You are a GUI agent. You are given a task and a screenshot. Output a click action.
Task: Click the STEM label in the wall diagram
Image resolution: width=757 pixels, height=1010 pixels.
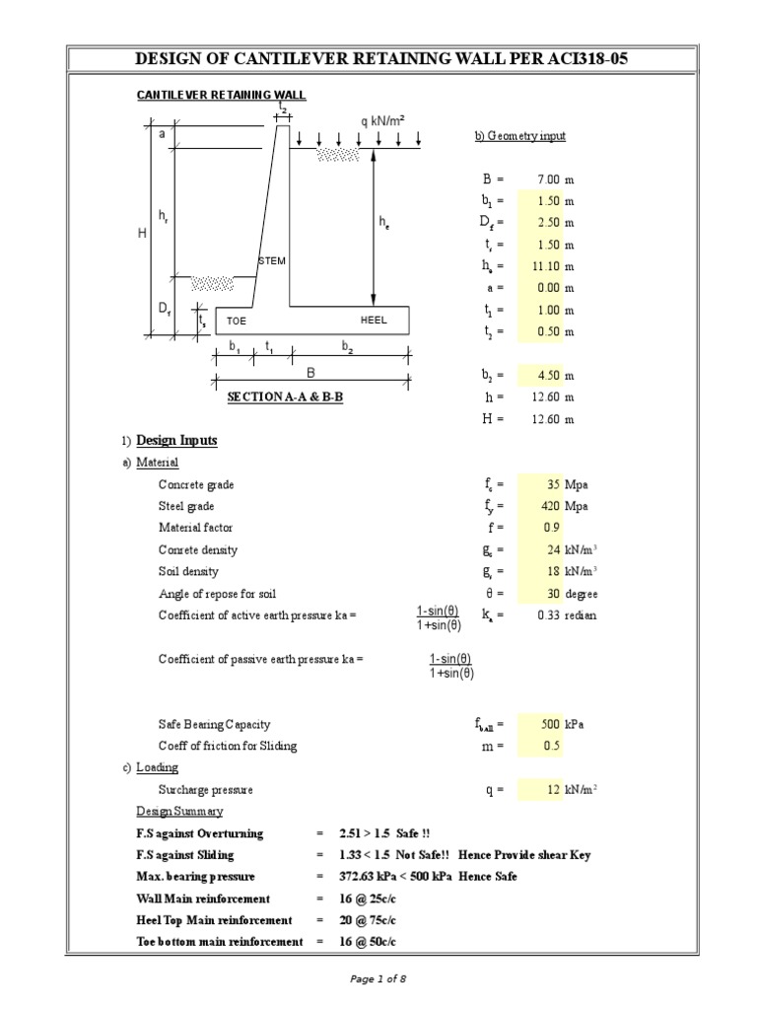coord(272,260)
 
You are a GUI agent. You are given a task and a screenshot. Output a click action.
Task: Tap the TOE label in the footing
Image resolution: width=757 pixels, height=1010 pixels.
coord(237,322)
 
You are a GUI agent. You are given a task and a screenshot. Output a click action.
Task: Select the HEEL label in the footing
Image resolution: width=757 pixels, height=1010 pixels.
coord(374,321)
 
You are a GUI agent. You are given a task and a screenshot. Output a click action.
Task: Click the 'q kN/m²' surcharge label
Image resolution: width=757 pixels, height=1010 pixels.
coord(382,120)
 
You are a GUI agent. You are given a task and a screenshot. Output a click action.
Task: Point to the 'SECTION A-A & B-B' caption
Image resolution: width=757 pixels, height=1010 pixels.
coord(285,397)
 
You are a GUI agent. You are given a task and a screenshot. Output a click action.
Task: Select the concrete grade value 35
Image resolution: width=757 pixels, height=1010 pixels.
coord(553,484)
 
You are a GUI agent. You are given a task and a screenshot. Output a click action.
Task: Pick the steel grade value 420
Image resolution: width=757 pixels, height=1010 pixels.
coord(549,506)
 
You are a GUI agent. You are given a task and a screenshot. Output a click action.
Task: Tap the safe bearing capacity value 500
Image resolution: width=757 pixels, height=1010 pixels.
coord(549,723)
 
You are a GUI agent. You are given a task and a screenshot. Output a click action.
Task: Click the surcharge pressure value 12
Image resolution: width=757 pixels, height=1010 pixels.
coord(553,789)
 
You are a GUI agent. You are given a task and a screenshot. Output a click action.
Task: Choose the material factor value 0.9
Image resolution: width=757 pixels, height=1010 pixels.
coord(551,528)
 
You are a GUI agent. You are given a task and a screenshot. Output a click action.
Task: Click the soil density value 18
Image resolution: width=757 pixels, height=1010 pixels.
coord(553,571)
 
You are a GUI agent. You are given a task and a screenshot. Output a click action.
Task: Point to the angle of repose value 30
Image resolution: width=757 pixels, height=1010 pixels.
coord(553,594)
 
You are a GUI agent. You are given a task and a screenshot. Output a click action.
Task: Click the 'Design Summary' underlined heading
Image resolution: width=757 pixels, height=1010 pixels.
coord(179,811)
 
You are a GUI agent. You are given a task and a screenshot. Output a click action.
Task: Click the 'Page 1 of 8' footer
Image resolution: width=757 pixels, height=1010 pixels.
coord(378,978)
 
